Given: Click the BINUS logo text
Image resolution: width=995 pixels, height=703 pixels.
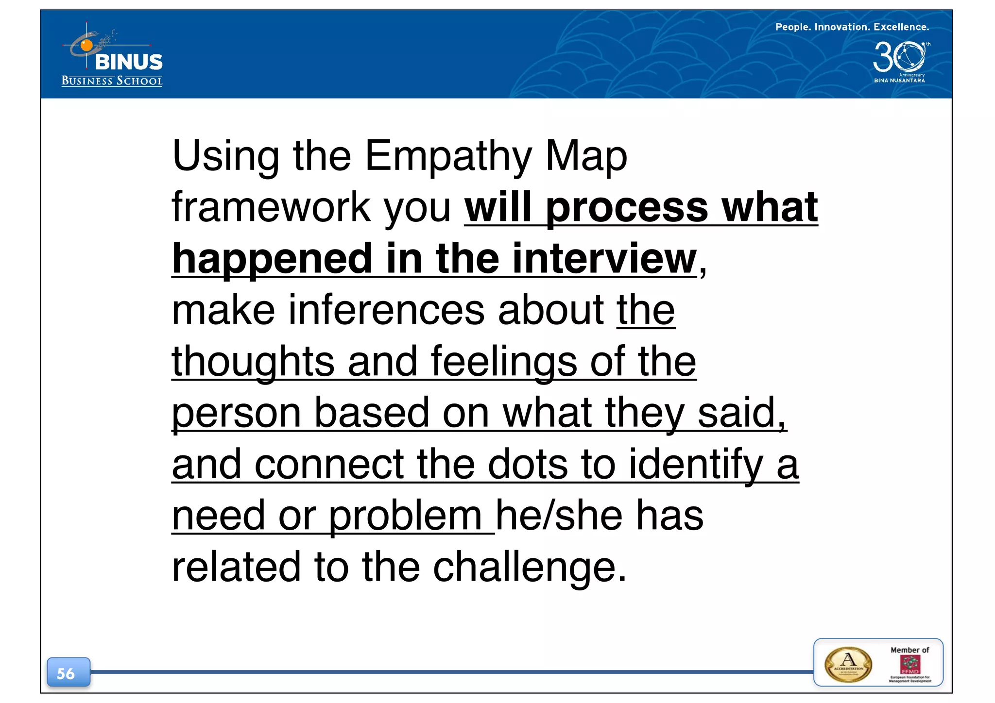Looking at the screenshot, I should [129, 62].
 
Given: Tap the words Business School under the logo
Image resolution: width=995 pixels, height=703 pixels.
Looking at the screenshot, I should [112, 81].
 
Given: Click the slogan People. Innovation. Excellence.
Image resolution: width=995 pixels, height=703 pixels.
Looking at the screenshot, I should [852, 27].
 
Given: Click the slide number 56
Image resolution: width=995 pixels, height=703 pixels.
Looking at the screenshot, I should [67, 673].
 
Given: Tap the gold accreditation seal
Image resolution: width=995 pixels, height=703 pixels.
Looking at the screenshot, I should [848, 665].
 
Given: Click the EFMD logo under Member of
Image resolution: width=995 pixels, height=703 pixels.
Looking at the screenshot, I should [909, 664].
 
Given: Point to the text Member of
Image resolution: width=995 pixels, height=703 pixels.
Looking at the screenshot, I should [909, 650].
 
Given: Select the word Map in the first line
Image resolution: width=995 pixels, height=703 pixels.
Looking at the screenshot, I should [586, 156].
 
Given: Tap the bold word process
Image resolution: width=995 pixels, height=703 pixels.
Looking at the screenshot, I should [627, 207].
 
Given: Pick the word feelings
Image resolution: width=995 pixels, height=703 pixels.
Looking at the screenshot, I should [504, 362].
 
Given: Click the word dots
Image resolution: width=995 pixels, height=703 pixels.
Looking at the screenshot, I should [528, 464].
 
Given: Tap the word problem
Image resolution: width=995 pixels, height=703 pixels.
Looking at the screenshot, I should [405, 516].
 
